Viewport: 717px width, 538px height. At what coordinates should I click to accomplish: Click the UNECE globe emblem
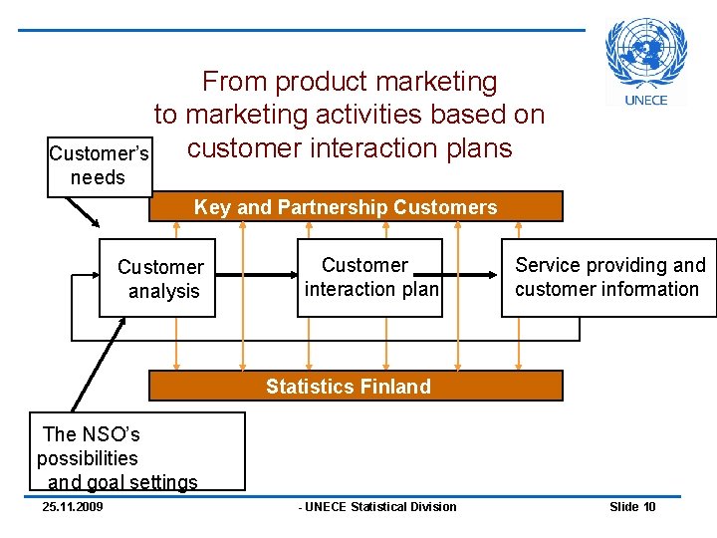(x=646, y=55)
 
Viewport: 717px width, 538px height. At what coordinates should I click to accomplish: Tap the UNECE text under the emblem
(x=646, y=100)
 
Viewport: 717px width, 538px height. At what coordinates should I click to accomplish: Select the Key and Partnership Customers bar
(x=356, y=206)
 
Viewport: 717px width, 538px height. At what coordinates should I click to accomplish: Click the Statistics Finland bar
(x=356, y=386)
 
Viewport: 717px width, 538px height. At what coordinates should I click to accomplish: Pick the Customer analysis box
(x=157, y=279)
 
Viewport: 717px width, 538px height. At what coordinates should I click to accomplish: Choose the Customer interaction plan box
(x=370, y=277)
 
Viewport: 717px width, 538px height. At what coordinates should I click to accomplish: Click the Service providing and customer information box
(x=607, y=277)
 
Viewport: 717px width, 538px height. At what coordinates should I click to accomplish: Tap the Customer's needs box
(x=100, y=166)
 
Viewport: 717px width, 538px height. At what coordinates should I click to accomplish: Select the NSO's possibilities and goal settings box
(x=136, y=452)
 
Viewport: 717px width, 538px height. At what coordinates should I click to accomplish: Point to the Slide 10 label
(x=632, y=507)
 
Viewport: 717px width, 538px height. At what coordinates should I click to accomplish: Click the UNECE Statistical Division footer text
(x=378, y=507)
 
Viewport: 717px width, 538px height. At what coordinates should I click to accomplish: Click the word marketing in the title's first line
(x=438, y=82)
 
